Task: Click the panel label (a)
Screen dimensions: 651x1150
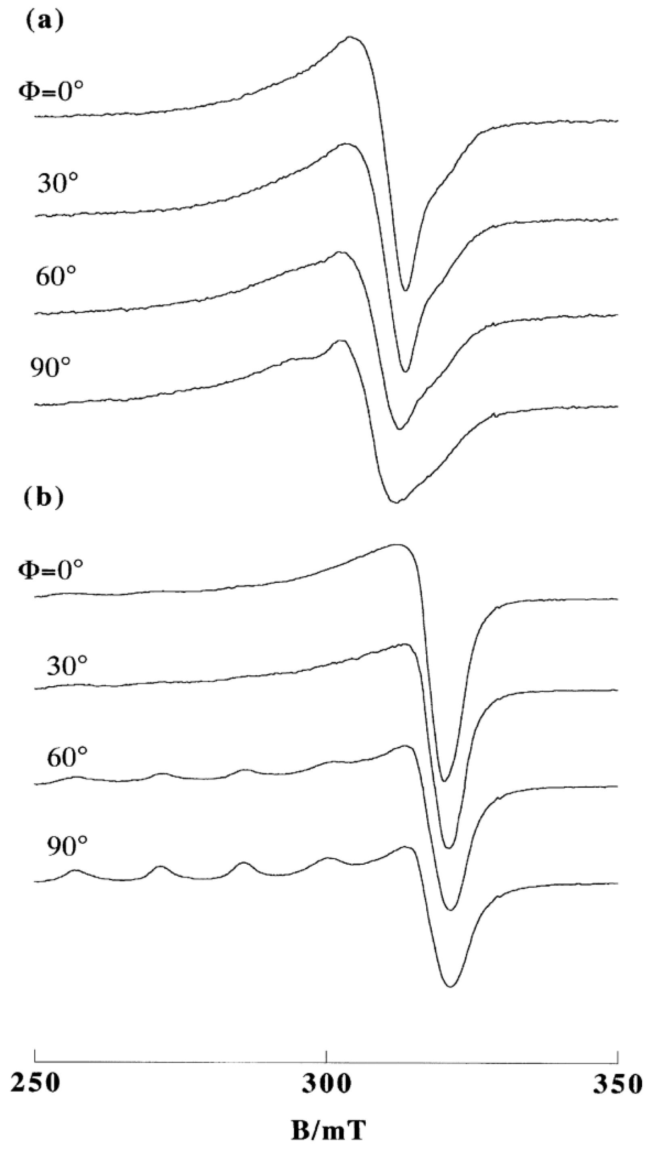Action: click(44, 21)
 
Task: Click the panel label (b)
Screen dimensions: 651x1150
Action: click(43, 498)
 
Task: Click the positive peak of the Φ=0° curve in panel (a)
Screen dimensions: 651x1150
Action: click(350, 37)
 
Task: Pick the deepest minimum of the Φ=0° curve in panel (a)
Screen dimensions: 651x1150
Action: click(406, 290)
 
